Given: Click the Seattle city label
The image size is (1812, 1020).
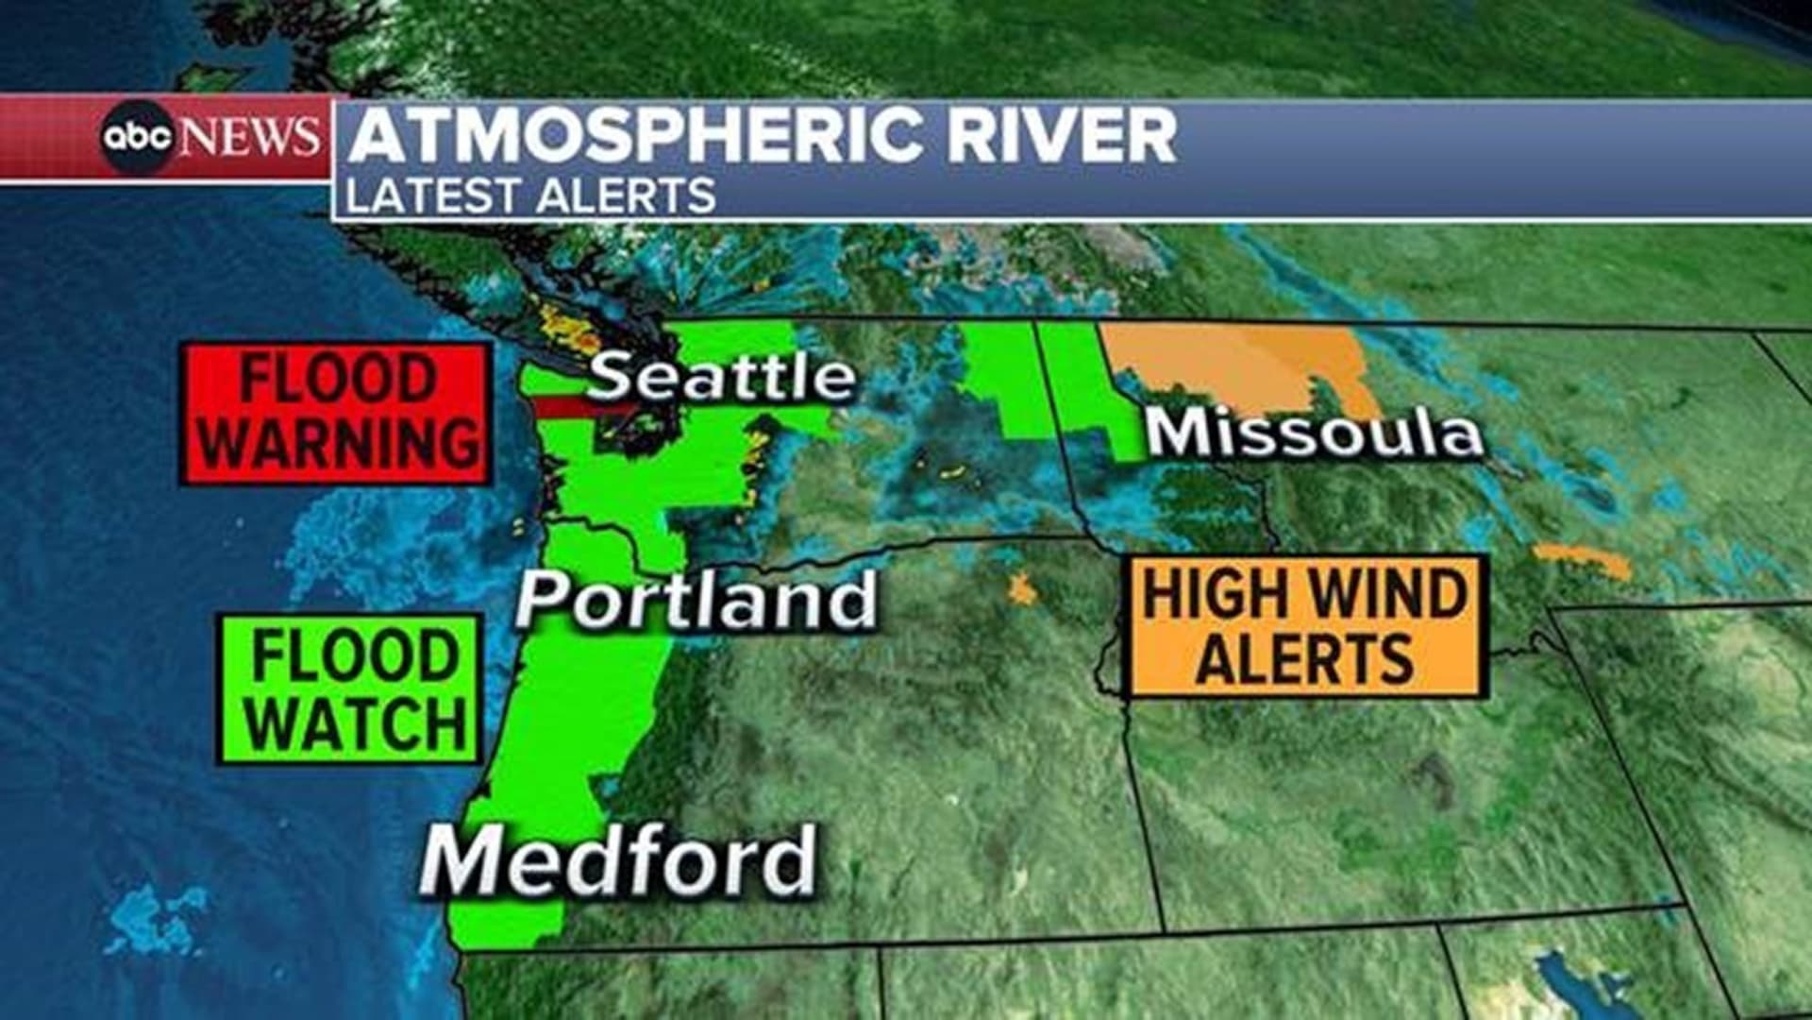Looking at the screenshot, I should [x=722, y=377].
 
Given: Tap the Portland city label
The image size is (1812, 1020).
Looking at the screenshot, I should [x=696, y=600].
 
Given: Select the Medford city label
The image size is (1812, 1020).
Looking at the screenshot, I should [x=618, y=859].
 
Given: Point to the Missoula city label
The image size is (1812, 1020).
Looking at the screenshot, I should [x=1314, y=433].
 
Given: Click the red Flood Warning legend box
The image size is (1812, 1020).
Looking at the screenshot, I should [x=336, y=414].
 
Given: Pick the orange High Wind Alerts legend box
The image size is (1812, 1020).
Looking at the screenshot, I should [x=1307, y=626].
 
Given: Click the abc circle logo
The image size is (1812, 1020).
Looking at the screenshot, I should [x=138, y=138].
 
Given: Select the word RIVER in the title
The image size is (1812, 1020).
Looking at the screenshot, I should [x=1062, y=135].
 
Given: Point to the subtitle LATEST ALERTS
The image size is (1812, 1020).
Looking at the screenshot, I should [x=530, y=195].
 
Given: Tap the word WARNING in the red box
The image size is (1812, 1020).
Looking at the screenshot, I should [x=337, y=443].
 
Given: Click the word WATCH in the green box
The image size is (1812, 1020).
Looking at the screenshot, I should [x=357, y=723].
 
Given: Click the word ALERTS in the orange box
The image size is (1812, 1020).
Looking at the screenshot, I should [x=1306, y=658].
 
